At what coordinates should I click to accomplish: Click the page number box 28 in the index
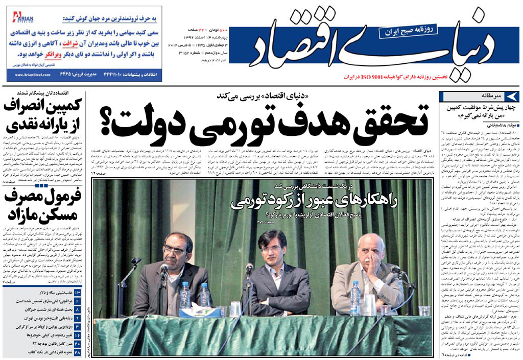click(x=78, y=352)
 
